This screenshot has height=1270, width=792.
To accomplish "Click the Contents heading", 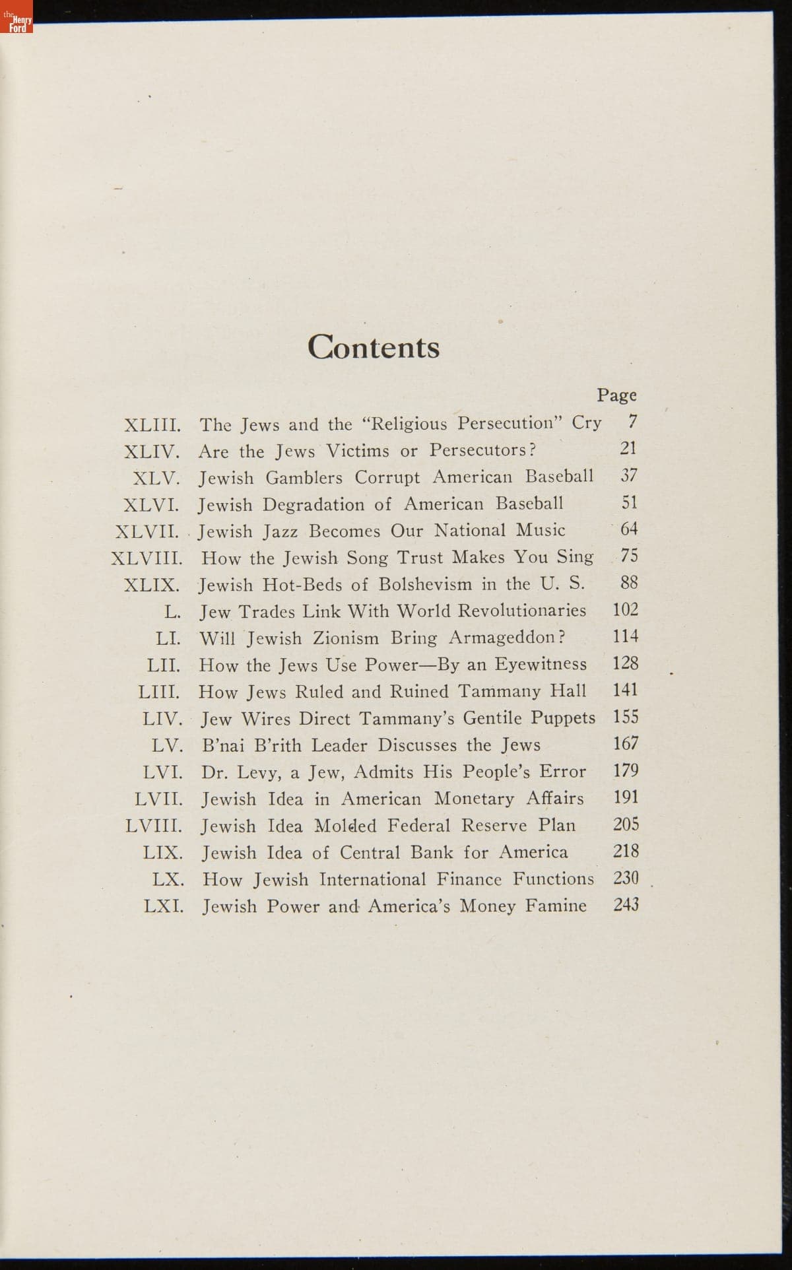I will click(x=373, y=347).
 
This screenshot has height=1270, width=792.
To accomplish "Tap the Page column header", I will click(x=616, y=395).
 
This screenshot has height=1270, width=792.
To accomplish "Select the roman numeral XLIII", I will click(x=152, y=424).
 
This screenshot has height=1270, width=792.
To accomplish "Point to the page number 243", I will click(x=626, y=905).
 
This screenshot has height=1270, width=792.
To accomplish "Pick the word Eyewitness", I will click(x=541, y=664).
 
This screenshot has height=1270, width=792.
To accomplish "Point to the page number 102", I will click(x=625, y=610).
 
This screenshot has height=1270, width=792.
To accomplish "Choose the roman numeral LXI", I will click(x=163, y=906).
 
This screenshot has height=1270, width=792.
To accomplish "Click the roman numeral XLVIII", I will click(x=147, y=558).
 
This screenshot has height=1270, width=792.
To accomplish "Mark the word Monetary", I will click(x=473, y=799).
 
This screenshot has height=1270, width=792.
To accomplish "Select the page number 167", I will click(x=625, y=744).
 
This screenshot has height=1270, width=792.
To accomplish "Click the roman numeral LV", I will click(x=167, y=746).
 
